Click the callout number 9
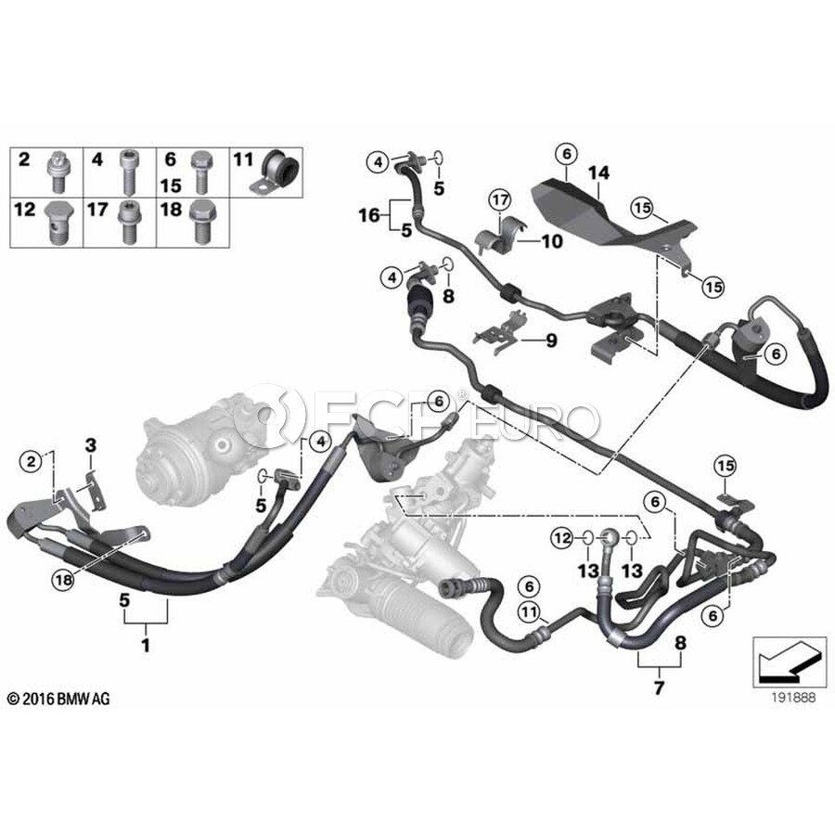(550, 340)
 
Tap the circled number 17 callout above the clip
(500, 199)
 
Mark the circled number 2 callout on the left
(33, 459)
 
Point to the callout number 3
(90, 446)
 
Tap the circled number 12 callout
(559, 536)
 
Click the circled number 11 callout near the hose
(530, 610)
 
